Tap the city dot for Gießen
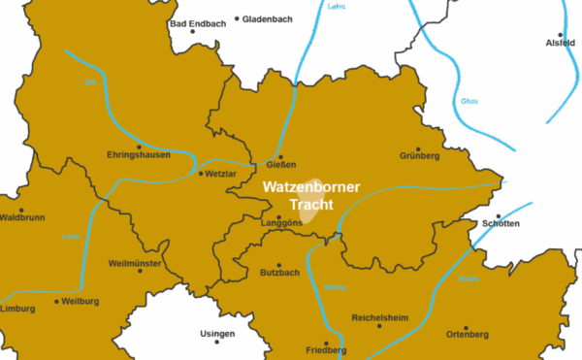[x=280, y=156]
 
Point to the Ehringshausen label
[x=139, y=155]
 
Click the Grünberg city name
[x=419, y=155]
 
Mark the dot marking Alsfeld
[x=561, y=34]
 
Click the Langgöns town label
[x=281, y=225]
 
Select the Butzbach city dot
[x=280, y=265]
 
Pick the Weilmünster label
[x=135, y=263]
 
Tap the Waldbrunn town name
[x=22, y=217]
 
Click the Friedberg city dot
[x=326, y=343]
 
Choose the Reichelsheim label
[x=379, y=317]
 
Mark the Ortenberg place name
[x=467, y=335]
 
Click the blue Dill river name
[x=90, y=82]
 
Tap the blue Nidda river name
[x=469, y=278]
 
